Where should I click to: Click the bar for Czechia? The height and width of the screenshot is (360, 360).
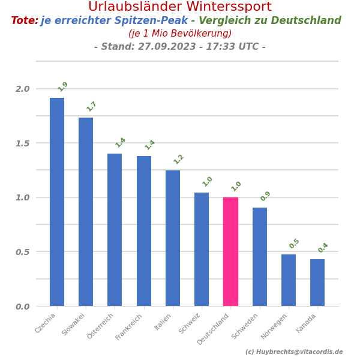coord(57,202)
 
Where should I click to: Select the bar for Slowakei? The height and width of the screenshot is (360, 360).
coord(86,211)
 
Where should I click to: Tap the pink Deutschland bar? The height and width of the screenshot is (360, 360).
coord(230,251)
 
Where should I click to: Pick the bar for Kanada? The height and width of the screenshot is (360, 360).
coord(317,283)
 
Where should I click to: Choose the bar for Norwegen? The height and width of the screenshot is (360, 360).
coord(289,280)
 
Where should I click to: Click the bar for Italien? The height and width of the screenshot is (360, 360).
coord(173,238)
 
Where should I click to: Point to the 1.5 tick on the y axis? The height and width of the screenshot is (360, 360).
coord(22,143)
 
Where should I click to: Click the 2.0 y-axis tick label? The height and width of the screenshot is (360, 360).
coord(22,89)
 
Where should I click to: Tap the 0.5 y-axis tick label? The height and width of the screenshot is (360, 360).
coord(22,252)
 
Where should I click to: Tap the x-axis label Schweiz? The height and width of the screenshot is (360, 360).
coord(190,323)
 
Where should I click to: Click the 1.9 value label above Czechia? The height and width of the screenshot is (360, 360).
coord(63,86)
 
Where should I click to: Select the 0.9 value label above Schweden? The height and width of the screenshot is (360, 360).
coord(266,196)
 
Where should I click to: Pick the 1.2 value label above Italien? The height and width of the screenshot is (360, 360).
coord(179,159)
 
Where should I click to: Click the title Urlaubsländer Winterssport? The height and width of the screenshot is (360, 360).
coord(180,7)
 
